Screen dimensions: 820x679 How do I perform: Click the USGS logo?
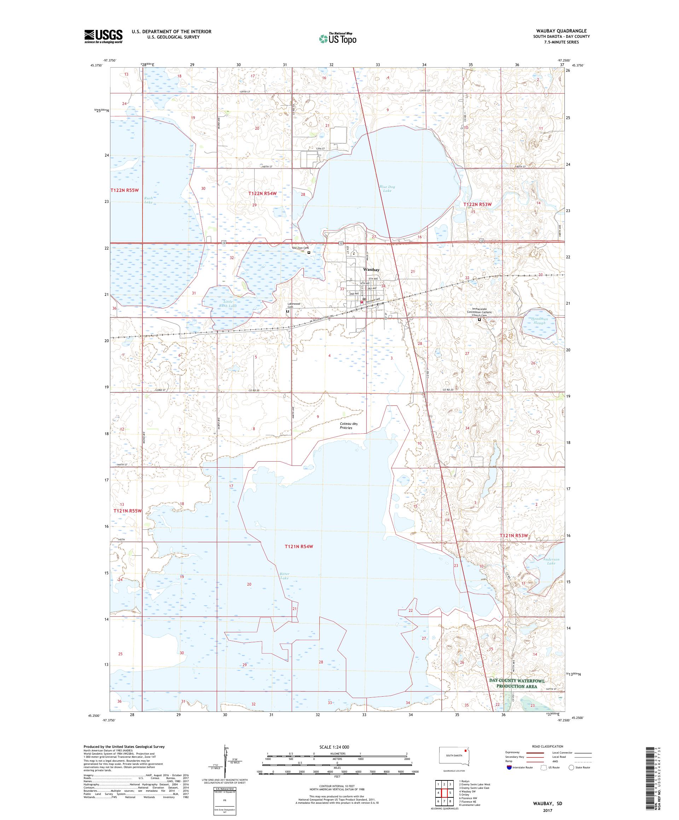click(x=103, y=37)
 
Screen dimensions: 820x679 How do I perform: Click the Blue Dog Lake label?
click(x=387, y=189)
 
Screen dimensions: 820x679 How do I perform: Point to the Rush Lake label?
click(x=148, y=200)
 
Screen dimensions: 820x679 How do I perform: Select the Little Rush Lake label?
click(x=227, y=303)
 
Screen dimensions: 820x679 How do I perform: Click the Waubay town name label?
click(x=371, y=270)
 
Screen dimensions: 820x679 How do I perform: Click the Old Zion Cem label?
click(x=301, y=247)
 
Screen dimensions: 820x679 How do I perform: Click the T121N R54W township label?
click(x=299, y=546)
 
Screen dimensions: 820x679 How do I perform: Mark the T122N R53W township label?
click(x=477, y=204)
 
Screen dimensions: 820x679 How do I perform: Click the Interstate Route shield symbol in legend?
click(x=509, y=767)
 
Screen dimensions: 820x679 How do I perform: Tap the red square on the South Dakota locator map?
click(x=465, y=750)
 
